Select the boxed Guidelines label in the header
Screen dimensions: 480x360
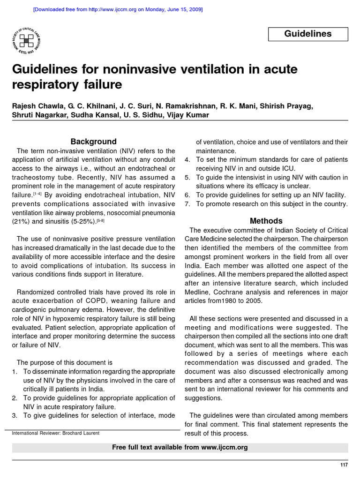[x=308, y=34]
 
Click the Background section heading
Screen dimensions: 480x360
[x=93, y=141]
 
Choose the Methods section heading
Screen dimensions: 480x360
[x=266, y=220]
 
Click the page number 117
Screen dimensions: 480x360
[x=344, y=465]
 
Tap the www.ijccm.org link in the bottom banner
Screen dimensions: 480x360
[x=224, y=447]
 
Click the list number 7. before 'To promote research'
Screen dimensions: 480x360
[x=187, y=204]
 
